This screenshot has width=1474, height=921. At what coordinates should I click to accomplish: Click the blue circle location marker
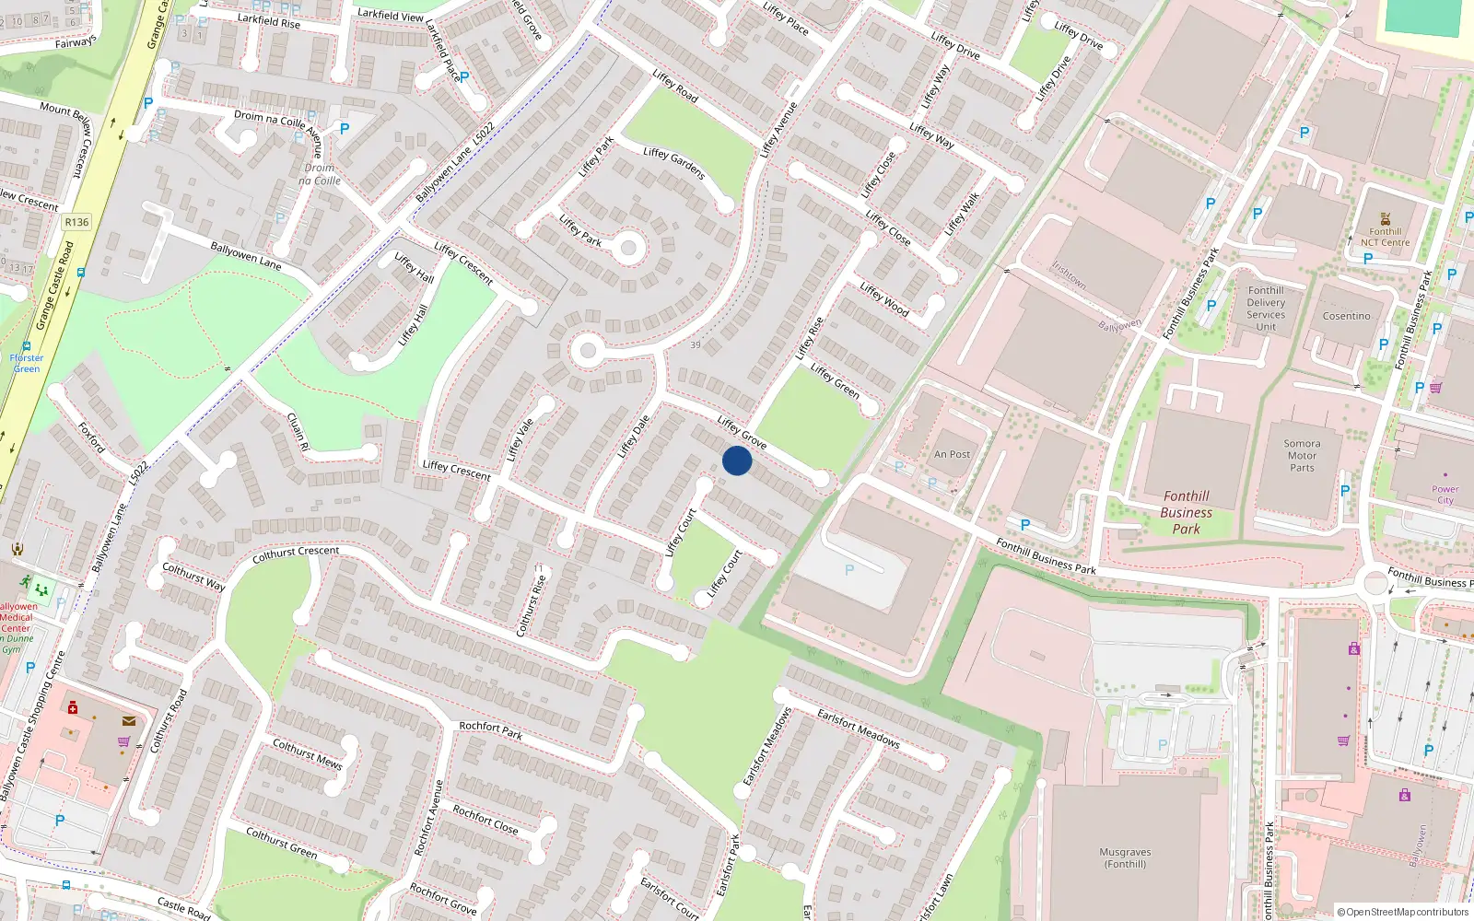pyautogui.click(x=737, y=460)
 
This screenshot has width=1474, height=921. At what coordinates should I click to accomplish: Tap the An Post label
pyautogui.click(x=952, y=454)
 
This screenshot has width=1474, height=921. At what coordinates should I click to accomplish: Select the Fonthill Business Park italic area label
pyautogui.click(x=1186, y=512)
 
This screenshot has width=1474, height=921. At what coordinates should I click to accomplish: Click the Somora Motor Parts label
pyautogui.click(x=1302, y=455)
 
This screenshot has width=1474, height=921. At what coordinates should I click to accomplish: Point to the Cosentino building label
pyautogui.click(x=1346, y=316)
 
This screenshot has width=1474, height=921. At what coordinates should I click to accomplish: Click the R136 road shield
pyautogui.click(x=76, y=222)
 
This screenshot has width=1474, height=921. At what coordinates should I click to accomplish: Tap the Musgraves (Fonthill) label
pyautogui.click(x=1125, y=857)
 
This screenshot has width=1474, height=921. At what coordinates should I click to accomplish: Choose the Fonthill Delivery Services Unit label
pyautogui.click(x=1266, y=309)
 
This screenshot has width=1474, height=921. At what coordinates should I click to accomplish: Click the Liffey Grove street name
pyautogui.click(x=742, y=431)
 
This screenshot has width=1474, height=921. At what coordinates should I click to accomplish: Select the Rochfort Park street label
pyautogui.click(x=490, y=730)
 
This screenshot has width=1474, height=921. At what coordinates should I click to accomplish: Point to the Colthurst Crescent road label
pyautogui.click(x=296, y=554)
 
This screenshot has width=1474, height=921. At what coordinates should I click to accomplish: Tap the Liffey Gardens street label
pyautogui.click(x=673, y=162)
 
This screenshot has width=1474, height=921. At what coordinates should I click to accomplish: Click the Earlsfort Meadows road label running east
pyautogui.click(x=858, y=727)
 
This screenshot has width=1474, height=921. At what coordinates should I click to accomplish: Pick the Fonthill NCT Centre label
pyautogui.click(x=1385, y=237)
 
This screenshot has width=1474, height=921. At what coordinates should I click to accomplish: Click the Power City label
pyautogui.click(x=1445, y=495)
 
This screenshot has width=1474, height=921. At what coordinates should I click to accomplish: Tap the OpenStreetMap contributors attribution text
pyautogui.click(x=1402, y=912)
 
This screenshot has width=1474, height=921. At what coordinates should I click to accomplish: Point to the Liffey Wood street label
pyautogui.click(x=883, y=300)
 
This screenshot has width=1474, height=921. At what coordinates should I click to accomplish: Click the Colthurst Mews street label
pyautogui.click(x=307, y=752)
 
